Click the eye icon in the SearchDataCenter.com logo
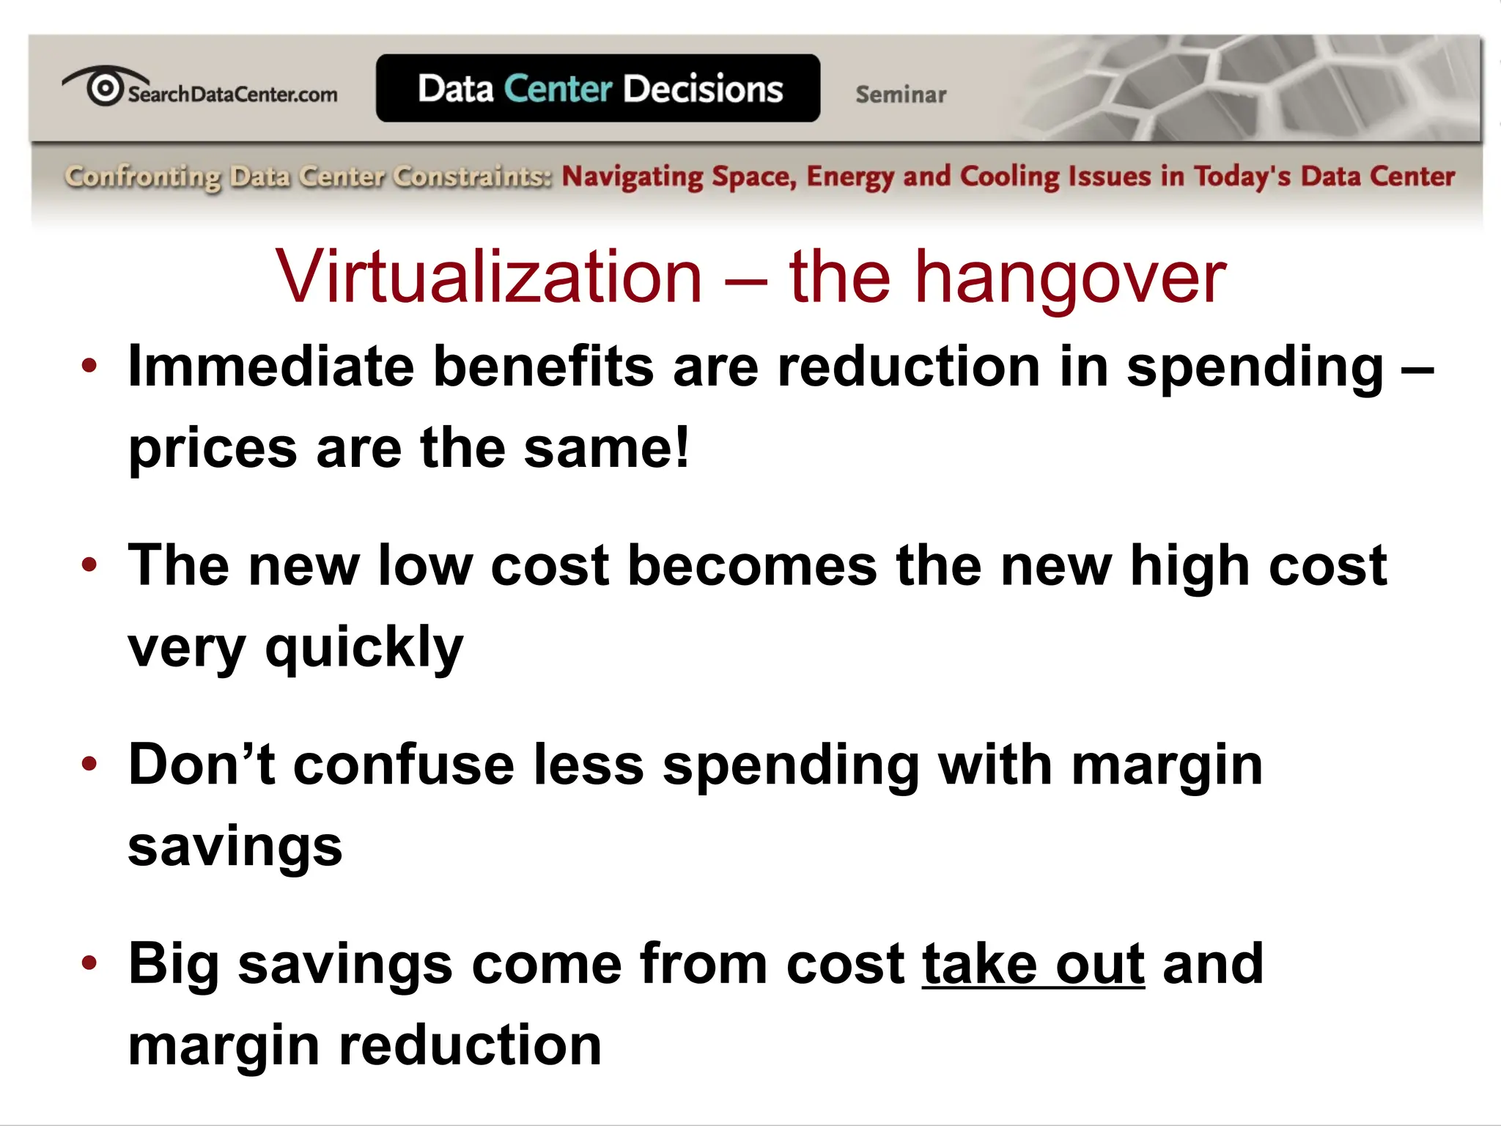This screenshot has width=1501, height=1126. (104, 88)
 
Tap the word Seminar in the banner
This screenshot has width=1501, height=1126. (901, 95)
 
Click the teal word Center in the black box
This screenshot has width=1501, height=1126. (558, 89)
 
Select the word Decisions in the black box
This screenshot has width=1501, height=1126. (703, 89)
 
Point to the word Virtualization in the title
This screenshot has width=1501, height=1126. (489, 277)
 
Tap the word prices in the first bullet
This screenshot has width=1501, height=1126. (213, 449)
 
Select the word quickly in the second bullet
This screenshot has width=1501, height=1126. (364, 648)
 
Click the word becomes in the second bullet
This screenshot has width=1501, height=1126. (753, 566)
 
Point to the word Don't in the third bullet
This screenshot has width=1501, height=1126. (202, 765)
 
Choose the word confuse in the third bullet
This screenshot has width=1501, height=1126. (404, 765)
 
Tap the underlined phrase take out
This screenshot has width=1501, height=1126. (1033, 964)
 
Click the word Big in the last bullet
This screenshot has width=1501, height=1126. (173, 965)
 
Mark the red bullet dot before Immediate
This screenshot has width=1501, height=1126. (89, 365)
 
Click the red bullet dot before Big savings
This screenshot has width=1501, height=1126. (89, 963)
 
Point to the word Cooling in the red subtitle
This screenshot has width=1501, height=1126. (1009, 177)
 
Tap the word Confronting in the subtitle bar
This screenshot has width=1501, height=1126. (142, 177)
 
